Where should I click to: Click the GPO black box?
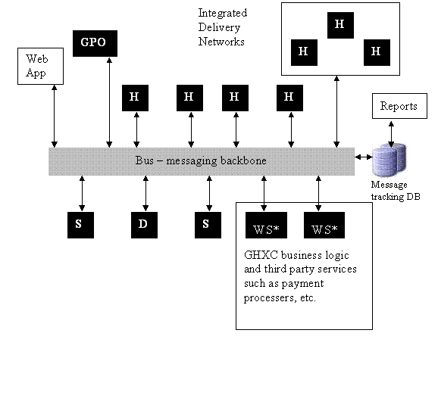[95, 44]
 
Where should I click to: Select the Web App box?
[40, 66]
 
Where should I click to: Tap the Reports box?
[399, 106]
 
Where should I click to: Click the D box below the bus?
[144, 225]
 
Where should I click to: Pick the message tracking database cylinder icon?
[390, 160]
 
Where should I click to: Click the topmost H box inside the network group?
[340, 25]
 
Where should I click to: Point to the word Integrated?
[223, 13]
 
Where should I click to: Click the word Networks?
[221, 42]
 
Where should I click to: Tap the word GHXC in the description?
[261, 255]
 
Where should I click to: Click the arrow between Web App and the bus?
[55, 116]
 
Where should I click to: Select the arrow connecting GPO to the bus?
[109, 102]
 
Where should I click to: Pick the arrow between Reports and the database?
[391, 134]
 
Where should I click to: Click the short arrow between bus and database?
[364, 157]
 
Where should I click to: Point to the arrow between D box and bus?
[145, 193]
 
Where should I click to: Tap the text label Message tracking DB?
[396, 191]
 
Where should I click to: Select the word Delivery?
[219, 27]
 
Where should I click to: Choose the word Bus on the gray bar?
[145, 160]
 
